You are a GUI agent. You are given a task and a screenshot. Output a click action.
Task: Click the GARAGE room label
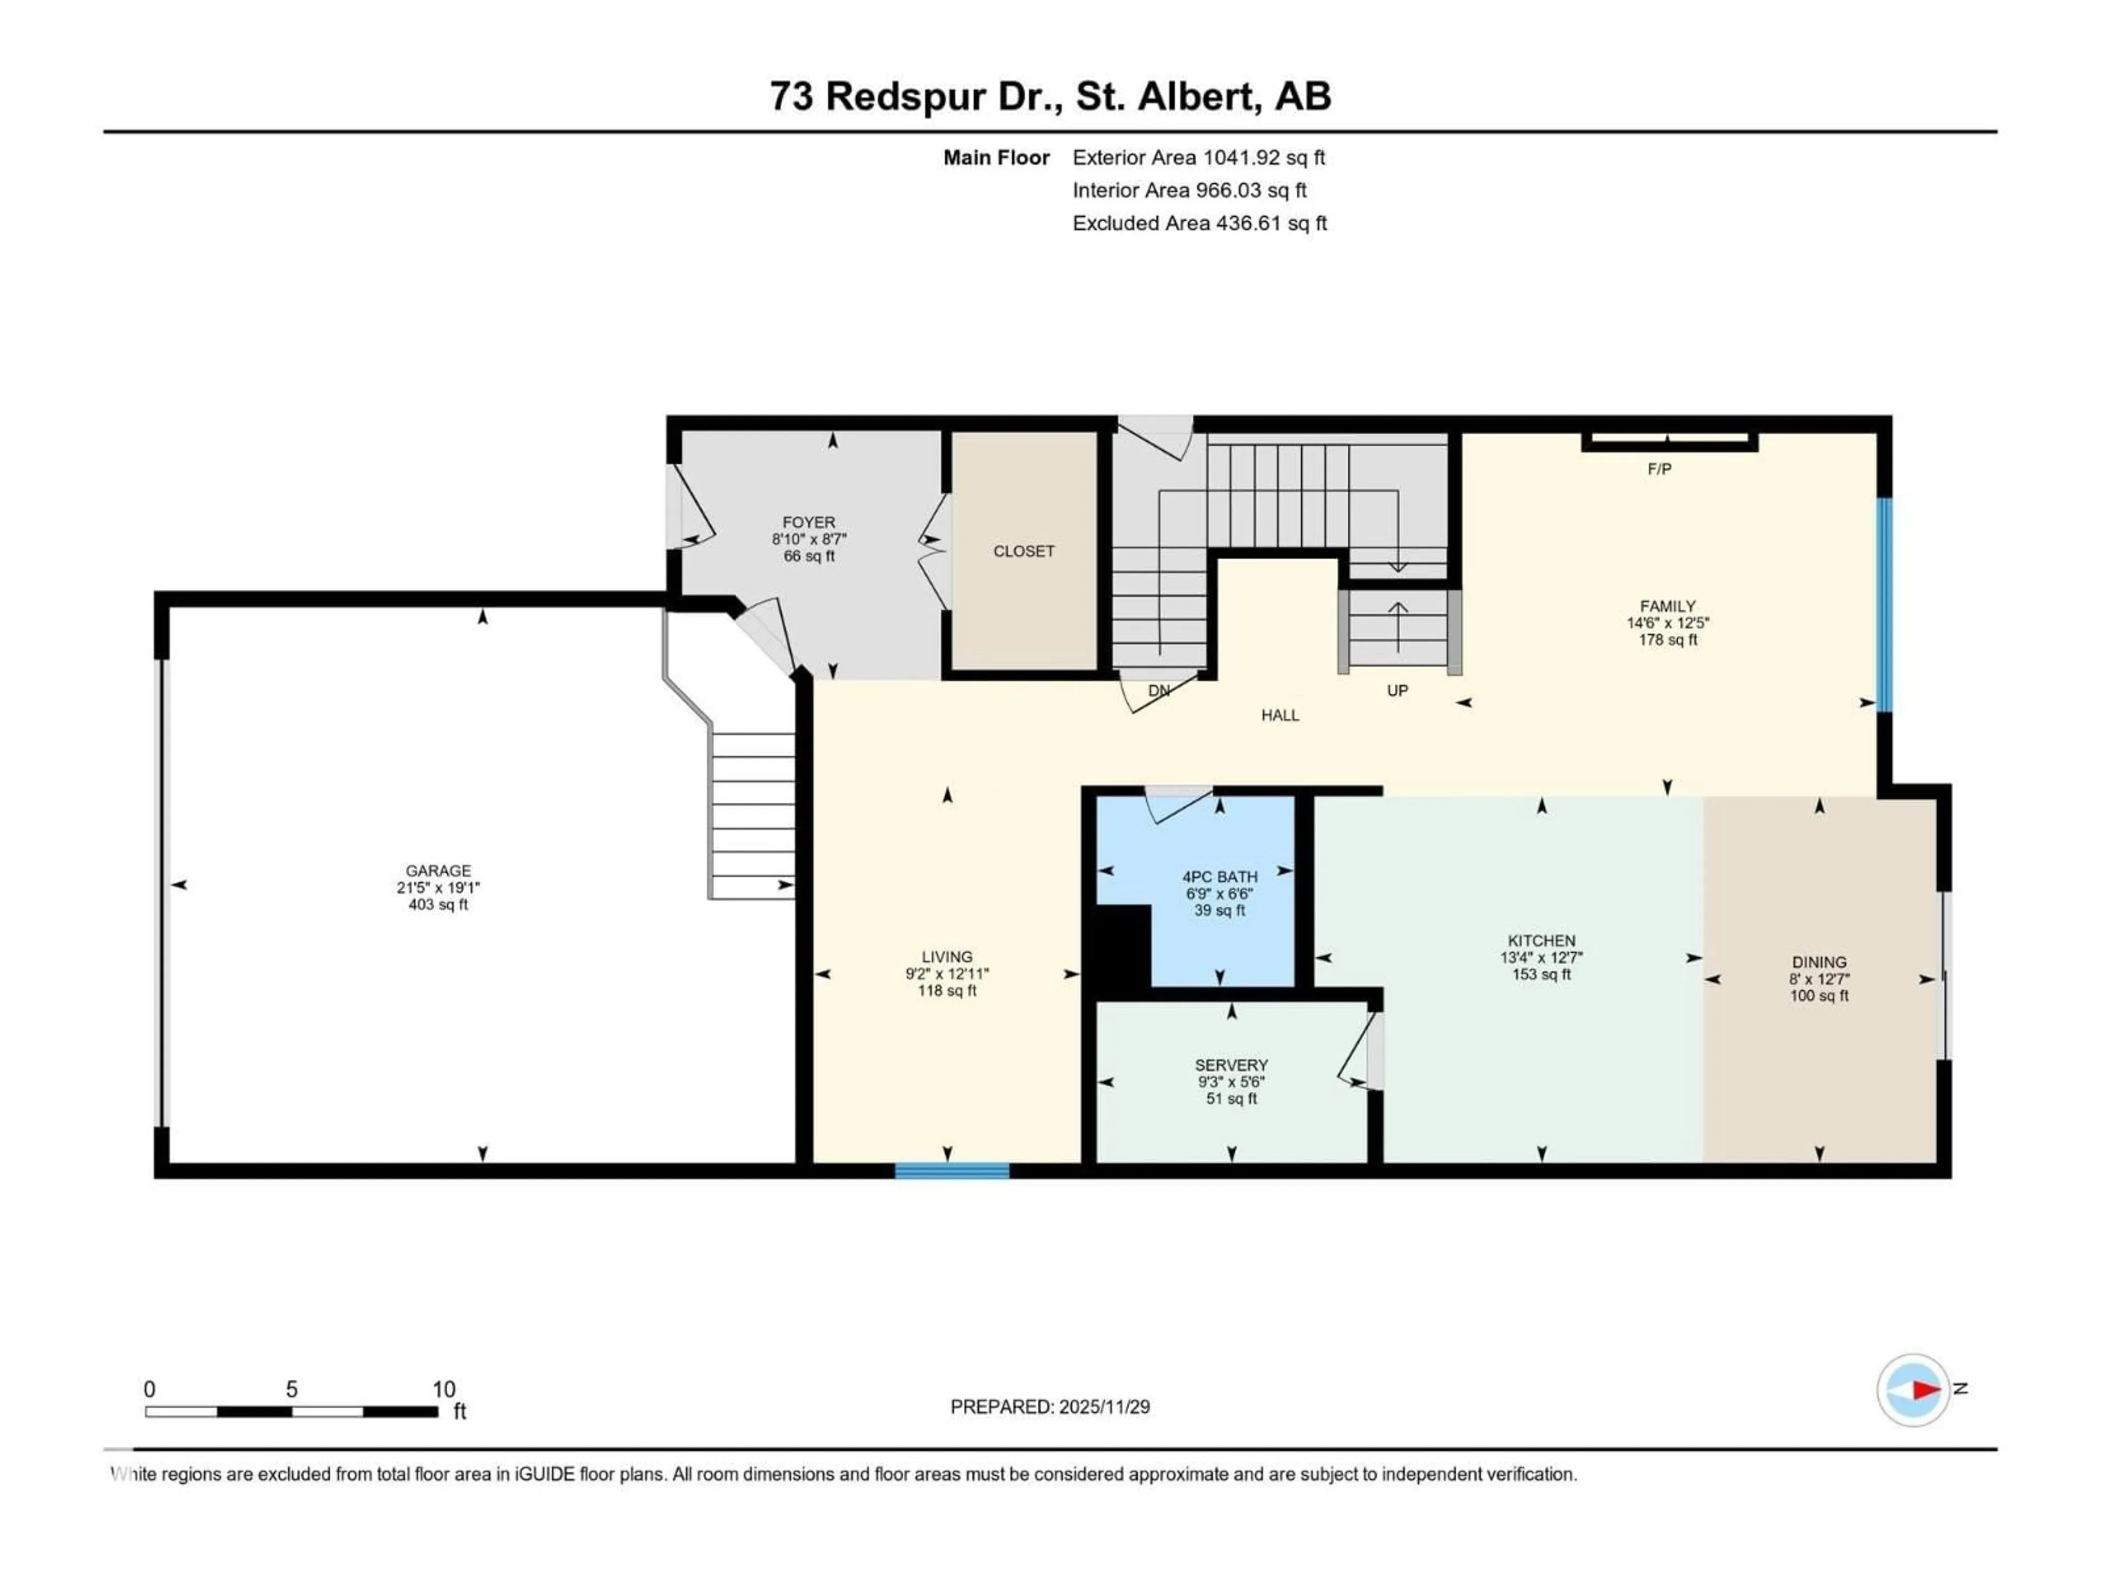pos(438,870)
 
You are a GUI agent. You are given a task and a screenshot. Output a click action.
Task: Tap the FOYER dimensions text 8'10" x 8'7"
pos(809,539)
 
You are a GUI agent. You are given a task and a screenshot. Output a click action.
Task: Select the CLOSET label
pos(1024,551)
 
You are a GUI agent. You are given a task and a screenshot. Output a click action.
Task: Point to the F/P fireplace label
pos(1659,469)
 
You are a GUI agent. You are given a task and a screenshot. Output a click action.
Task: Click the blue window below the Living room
pos(951,1171)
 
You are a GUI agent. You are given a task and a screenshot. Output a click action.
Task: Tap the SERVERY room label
pos(1232,1064)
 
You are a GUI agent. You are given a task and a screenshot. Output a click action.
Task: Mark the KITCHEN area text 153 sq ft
pos(1541,974)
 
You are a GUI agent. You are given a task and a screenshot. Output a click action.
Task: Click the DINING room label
pos(1819,962)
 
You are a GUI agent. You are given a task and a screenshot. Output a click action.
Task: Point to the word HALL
pos(1280,715)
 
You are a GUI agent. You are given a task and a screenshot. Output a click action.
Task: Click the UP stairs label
pos(1397,690)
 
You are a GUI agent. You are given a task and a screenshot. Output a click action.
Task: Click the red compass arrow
pos(1925,1390)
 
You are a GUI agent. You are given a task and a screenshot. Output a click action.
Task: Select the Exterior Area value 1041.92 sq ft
pos(1263,158)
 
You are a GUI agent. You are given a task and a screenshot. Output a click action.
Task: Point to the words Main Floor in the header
pos(996,158)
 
